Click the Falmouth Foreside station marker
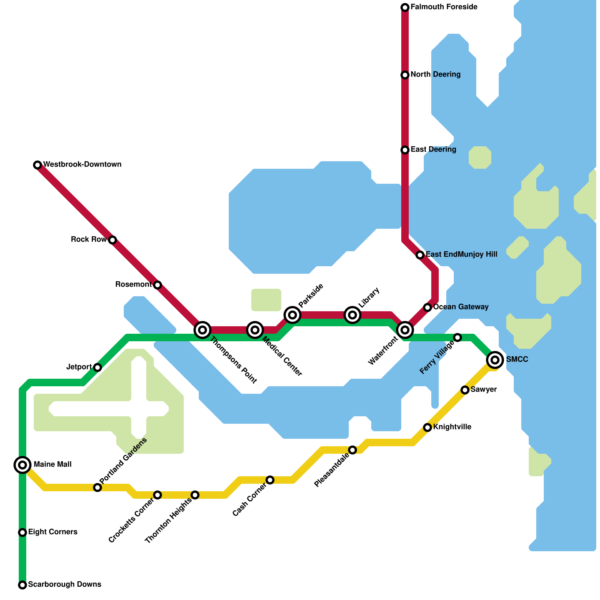(405, 7)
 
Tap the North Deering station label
(435, 75)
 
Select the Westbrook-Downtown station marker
(37, 165)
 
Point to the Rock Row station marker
(112, 240)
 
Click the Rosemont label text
(133, 285)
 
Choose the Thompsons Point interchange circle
(202, 330)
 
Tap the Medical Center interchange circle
(255, 330)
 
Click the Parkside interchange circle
(292, 315)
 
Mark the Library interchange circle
(352, 315)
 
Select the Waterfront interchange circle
(405, 330)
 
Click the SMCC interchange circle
(495, 360)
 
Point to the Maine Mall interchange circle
(22, 465)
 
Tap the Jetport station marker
(97, 367)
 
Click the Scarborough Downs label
(64, 585)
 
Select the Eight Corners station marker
(22, 532)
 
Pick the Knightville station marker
(427, 427)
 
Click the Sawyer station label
(483, 390)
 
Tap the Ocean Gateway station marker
(427, 307)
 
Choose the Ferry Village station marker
(457, 337)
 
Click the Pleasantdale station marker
(352, 450)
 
